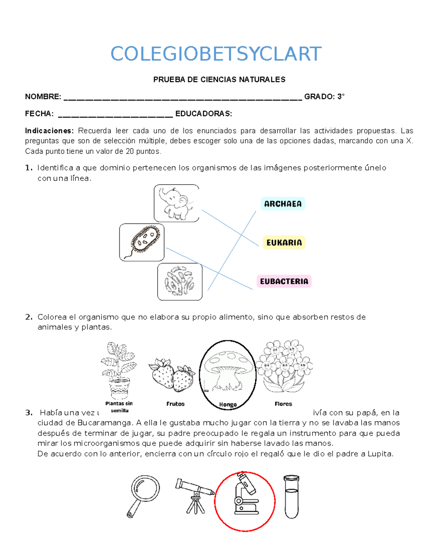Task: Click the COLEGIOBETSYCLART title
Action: (x=216, y=54)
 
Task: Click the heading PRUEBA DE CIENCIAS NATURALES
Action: (x=219, y=79)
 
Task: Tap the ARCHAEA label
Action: (x=283, y=204)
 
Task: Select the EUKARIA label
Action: (x=284, y=243)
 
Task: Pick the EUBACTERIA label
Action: (x=284, y=281)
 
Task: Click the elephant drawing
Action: (x=176, y=203)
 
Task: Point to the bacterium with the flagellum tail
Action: (x=142, y=242)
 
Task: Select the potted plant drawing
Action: (x=119, y=370)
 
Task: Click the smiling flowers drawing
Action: (x=284, y=366)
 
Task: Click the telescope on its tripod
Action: (x=195, y=495)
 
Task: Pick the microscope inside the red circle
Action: (x=245, y=495)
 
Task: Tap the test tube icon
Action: (x=291, y=496)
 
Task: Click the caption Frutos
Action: (x=175, y=404)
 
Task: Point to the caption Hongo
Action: (x=228, y=404)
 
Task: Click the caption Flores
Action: (x=283, y=404)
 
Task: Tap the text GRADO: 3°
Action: (x=324, y=97)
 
